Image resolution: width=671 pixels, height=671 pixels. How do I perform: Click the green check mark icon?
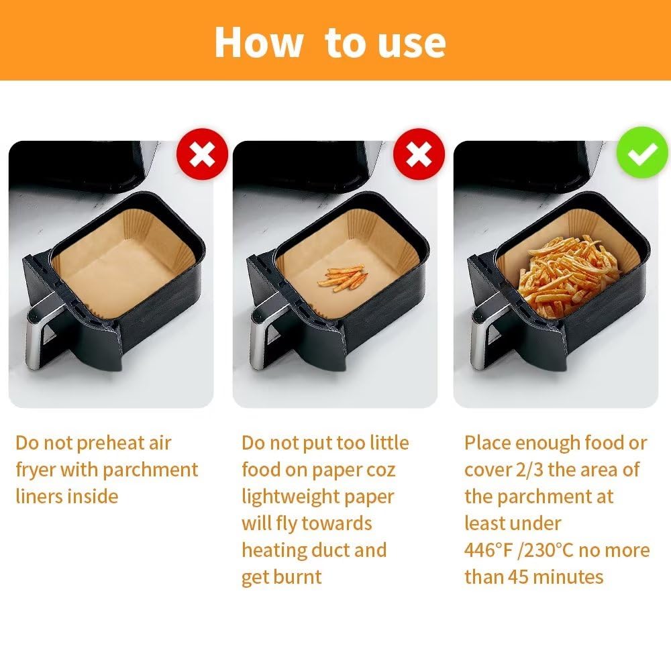click(642, 153)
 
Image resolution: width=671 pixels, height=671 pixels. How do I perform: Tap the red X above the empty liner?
click(203, 154)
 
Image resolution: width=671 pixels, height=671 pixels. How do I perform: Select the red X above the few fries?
click(419, 154)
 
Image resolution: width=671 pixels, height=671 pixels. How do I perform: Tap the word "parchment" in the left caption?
click(150, 470)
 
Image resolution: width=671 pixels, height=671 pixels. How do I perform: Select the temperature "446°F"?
click(488, 550)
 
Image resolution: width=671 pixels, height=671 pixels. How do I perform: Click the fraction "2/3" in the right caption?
click(529, 470)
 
